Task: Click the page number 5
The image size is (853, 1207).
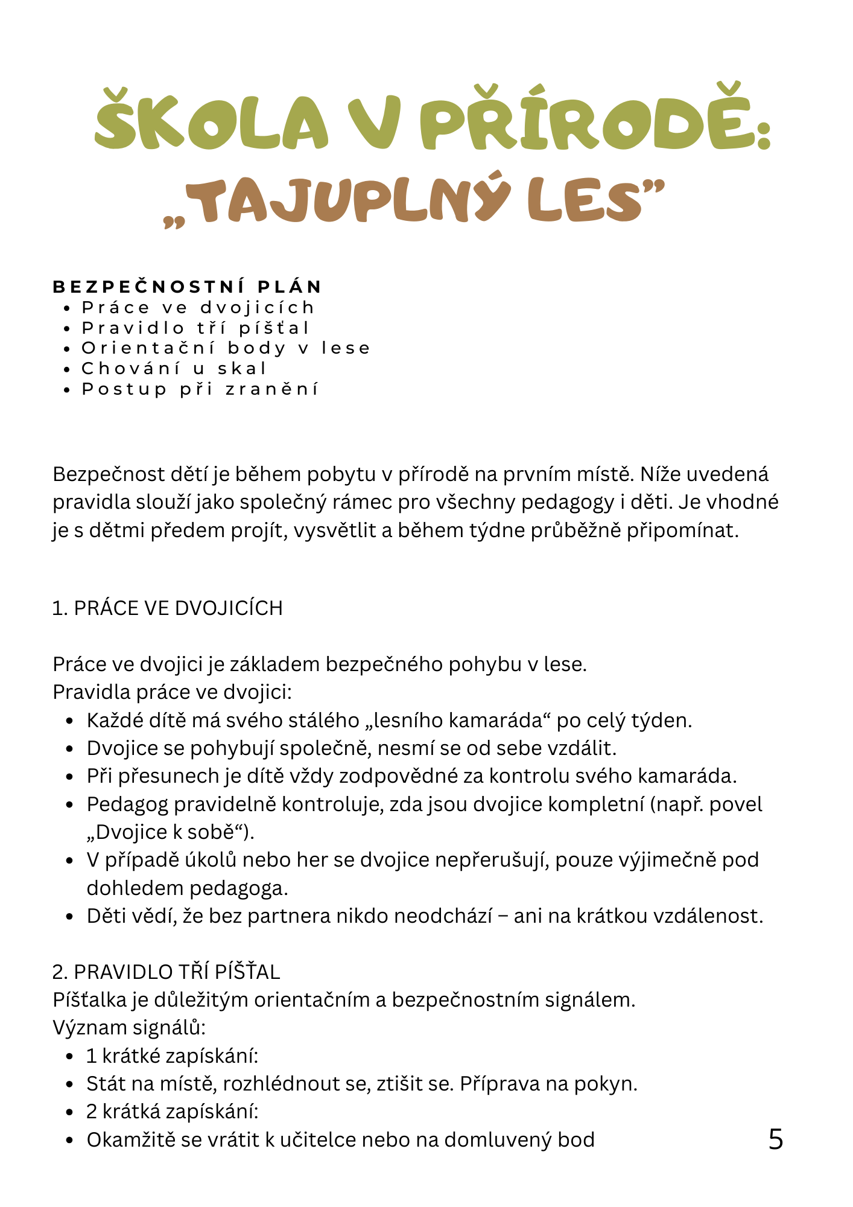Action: [x=776, y=1139]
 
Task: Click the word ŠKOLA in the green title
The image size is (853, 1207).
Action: [x=211, y=121]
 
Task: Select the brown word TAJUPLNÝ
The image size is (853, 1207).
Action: [x=351, y=199]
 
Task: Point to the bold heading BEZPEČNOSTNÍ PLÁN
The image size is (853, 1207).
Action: [x=188, y=287]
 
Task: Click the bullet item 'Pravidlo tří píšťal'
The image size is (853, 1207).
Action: [x=195, y=328]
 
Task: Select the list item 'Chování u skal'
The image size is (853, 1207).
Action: [x=174, y=368]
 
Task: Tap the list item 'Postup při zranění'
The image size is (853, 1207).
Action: [x=200, y=389]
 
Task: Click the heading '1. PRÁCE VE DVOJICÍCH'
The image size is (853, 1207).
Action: [x=168, y=608]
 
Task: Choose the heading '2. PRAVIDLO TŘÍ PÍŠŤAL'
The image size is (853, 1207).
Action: [x=166, y=972]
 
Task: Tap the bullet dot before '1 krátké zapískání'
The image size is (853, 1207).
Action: [x=71, y=1057]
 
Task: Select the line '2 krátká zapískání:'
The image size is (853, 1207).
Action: [x=173, y=1112]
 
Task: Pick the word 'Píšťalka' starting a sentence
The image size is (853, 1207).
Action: [x=91, y=1000]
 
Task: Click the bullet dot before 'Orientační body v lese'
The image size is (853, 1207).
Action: [x=67, y=349]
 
